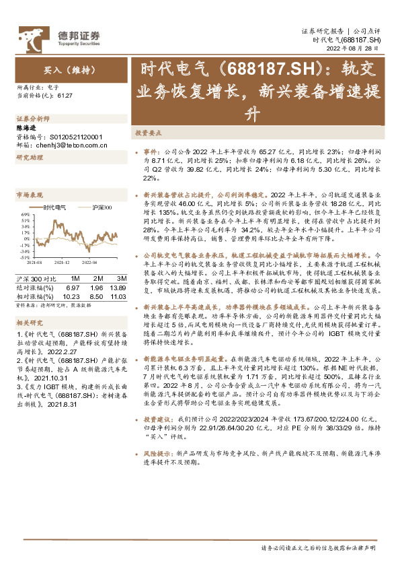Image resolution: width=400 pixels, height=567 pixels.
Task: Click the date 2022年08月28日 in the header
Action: tap(356, 48)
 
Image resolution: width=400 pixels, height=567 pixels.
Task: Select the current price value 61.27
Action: tap(65, 96)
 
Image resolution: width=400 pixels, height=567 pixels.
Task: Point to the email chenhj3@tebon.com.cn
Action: tap(66, 143)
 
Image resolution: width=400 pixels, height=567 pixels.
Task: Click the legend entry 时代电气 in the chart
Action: tap(54, 207)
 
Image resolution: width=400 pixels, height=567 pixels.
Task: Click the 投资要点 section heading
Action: tap(148, 133)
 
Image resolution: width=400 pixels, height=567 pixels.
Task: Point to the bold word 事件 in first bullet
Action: tap(151, 153)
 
